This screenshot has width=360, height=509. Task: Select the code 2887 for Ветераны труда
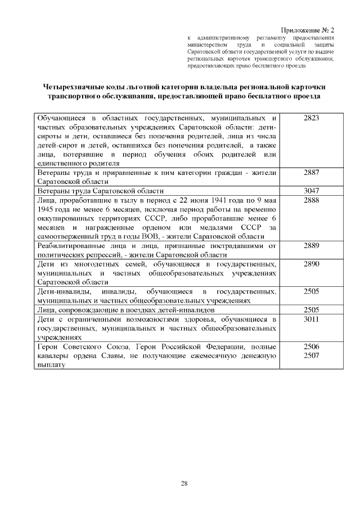pos(311,173)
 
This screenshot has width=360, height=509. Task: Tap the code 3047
pos(311,191)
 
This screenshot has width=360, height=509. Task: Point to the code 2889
pos(311,245)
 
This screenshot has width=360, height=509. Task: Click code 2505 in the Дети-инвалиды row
pos(311,291)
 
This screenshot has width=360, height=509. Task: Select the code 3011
pos(311,319)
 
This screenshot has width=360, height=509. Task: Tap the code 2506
pos(311,346)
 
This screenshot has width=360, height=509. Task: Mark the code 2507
pos(311,355)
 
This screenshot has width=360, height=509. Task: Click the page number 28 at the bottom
pos(184,483)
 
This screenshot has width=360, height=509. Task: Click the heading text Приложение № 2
pos(308,29)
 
